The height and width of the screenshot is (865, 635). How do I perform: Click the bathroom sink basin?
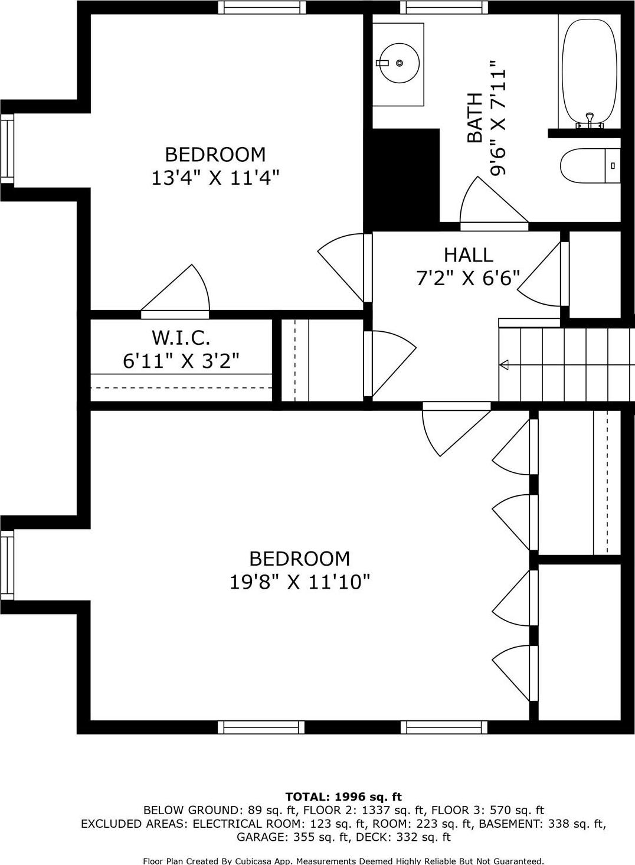399,63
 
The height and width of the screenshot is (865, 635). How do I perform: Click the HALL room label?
468,255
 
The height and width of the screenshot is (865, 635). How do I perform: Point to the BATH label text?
474,118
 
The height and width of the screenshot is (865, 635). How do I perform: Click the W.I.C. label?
181,338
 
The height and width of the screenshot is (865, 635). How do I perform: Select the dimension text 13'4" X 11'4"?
215,178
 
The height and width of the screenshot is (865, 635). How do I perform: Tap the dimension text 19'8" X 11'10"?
299,582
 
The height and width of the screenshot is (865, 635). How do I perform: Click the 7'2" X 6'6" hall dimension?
468,278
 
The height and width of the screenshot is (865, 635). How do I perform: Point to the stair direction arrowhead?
503,365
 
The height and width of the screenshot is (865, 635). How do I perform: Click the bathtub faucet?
589,120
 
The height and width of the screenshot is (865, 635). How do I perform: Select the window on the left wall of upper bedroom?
7,148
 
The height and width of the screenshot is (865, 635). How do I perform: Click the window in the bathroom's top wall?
444,7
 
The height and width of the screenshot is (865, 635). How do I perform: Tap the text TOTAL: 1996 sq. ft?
343,797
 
